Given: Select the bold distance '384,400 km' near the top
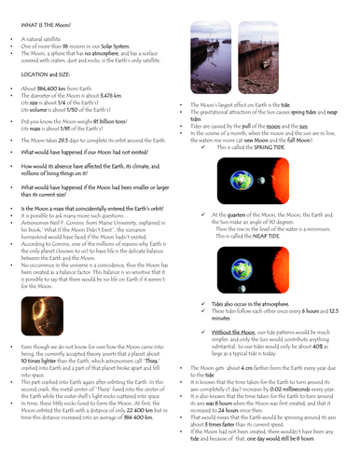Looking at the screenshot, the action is tap(46, 87).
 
